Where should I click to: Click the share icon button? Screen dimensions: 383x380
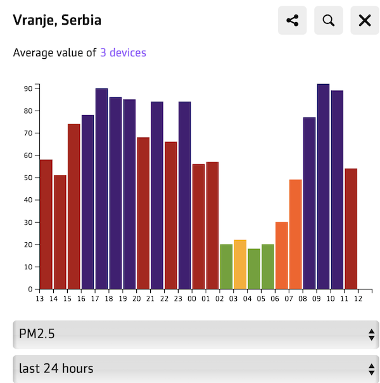[x=292, y=20]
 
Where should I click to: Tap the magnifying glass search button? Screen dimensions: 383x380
[x=328, y=20]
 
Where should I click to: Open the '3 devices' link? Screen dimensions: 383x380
[x=123, y=52]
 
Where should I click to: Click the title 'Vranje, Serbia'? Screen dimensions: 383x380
[x=57, y=20]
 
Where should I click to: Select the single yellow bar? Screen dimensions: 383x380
[x=240, y=264]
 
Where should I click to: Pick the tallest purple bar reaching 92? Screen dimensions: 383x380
[x=323, y=186]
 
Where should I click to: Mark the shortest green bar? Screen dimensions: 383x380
[x=254, y=269]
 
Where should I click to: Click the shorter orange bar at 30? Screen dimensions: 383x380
[x=282, y=255]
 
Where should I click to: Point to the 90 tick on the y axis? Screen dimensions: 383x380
[x=28, y=88]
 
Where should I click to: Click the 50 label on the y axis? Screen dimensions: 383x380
[x=28, y=178]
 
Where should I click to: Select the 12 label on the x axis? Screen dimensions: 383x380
[x=358, y=299]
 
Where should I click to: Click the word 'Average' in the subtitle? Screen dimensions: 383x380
[x=33, y=52]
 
